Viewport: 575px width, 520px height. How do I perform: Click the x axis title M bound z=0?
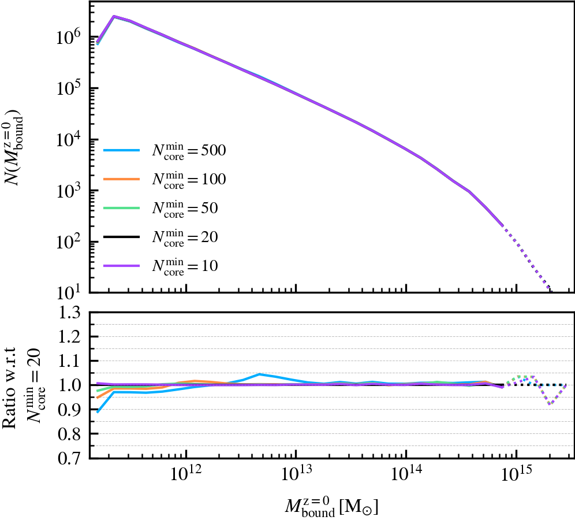tap(331, 506)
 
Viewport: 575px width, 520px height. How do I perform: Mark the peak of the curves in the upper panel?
tap(114, 16)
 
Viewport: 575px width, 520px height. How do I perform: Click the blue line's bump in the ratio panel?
tap(259, 374)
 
